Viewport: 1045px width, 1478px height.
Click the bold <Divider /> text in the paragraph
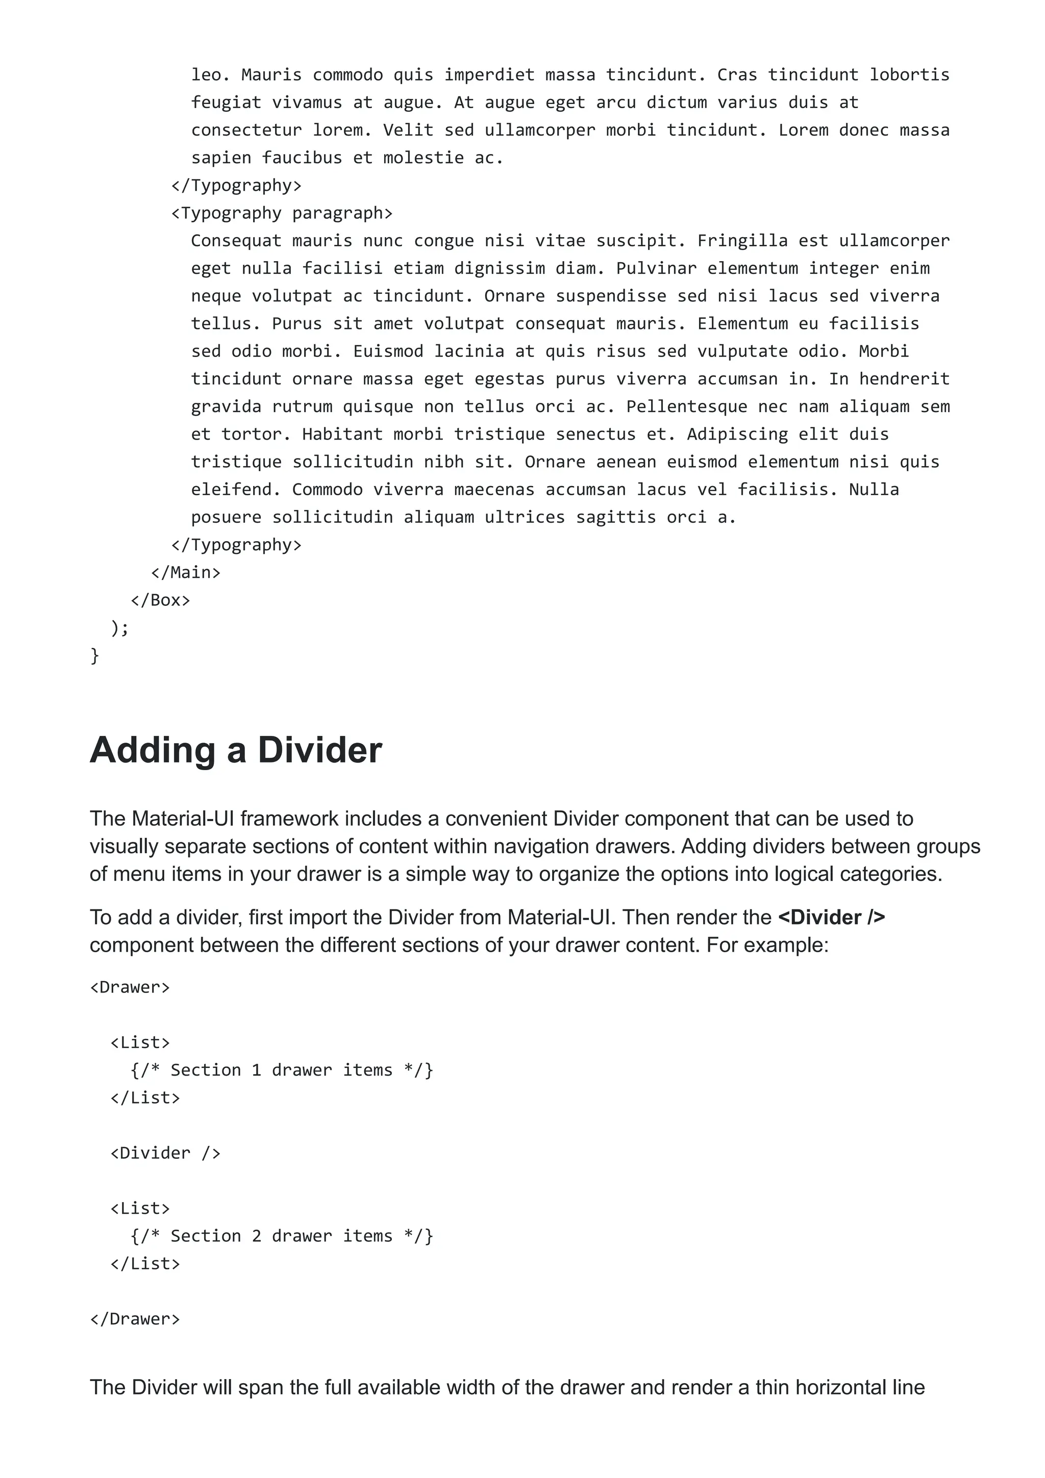pos(831,918)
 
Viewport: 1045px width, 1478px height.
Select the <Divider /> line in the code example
pos(165,1153)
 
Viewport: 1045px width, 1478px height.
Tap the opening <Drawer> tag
pos(130,987)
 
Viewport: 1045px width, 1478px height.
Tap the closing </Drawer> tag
pos(135,1319)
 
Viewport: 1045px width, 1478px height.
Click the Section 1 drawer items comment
pos(281,1070)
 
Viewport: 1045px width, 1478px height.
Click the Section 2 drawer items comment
pos(281,1236)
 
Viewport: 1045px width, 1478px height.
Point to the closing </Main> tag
pos(185,572)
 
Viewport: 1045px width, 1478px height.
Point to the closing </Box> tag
pos(160,600)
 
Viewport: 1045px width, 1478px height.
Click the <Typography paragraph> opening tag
pos(281,213)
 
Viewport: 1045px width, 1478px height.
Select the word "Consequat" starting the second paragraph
pos(236,241)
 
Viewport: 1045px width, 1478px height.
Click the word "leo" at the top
pos(206,74)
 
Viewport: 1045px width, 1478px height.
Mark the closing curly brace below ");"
pos(94,655)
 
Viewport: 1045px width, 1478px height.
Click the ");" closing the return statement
pos(120,628)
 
